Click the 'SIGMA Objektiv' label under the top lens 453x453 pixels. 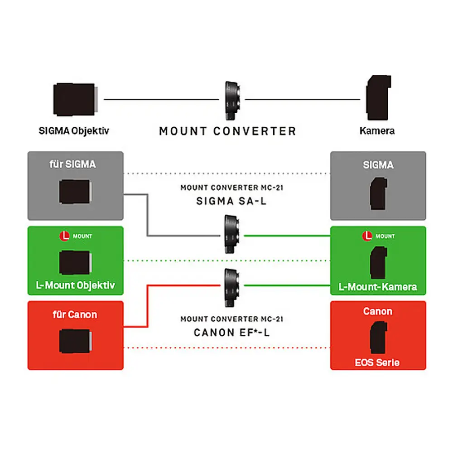(x=74, y=131)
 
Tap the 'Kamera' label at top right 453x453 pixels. (x=377, y=131)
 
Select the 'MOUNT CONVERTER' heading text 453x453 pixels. (x=227, y=131)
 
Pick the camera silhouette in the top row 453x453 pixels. (x=378, y=97)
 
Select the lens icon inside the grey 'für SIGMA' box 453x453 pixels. (x=75, y=191)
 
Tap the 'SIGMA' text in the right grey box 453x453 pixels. (x=378, y=165)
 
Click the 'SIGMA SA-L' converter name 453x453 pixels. (x=231, y=201)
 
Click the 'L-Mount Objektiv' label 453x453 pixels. (x=75, y=285)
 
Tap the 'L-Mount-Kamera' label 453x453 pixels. (x=378, y=287)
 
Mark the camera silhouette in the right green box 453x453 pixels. (x=378, y=263)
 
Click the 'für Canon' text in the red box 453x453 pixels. (x=75, y=314)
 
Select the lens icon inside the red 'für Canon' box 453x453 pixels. (x=75, y=341)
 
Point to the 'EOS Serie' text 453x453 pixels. (x=378, y=362)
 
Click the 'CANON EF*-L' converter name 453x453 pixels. (x=231, y=333)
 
